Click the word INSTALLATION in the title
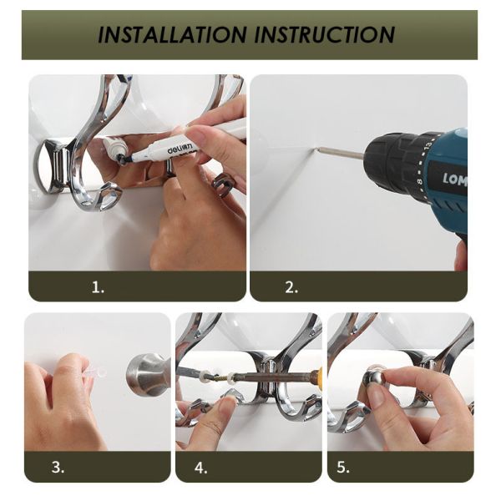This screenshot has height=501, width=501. tap(172, 35)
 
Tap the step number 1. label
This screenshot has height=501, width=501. tap(98, 287)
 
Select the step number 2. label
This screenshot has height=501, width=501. tap(291, 287)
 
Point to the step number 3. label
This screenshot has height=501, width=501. tap(58, 468)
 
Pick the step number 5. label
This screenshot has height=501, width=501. tap(343, 468)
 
